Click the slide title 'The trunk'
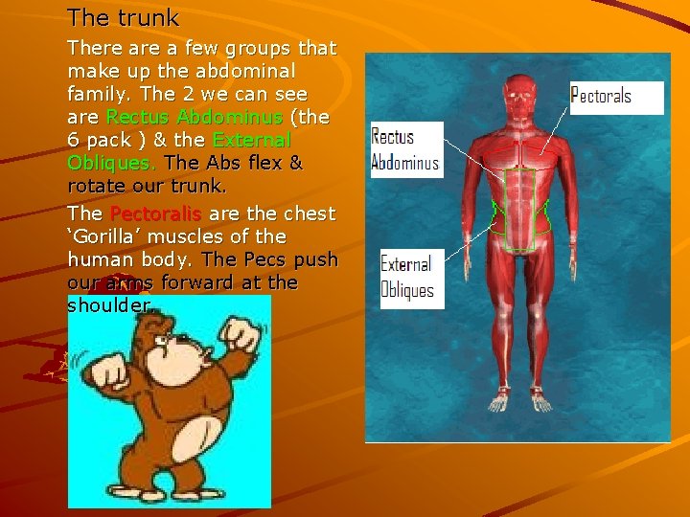coord(123,17)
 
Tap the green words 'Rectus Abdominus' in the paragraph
coord(195,118)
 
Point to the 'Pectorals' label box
coord(601,96)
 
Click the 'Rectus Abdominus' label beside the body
coord(404,150)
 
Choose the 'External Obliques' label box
coord(407,278)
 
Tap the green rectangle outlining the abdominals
coord(520,210)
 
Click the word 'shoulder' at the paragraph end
coord(108,305)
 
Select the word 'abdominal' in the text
coord(250,71)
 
